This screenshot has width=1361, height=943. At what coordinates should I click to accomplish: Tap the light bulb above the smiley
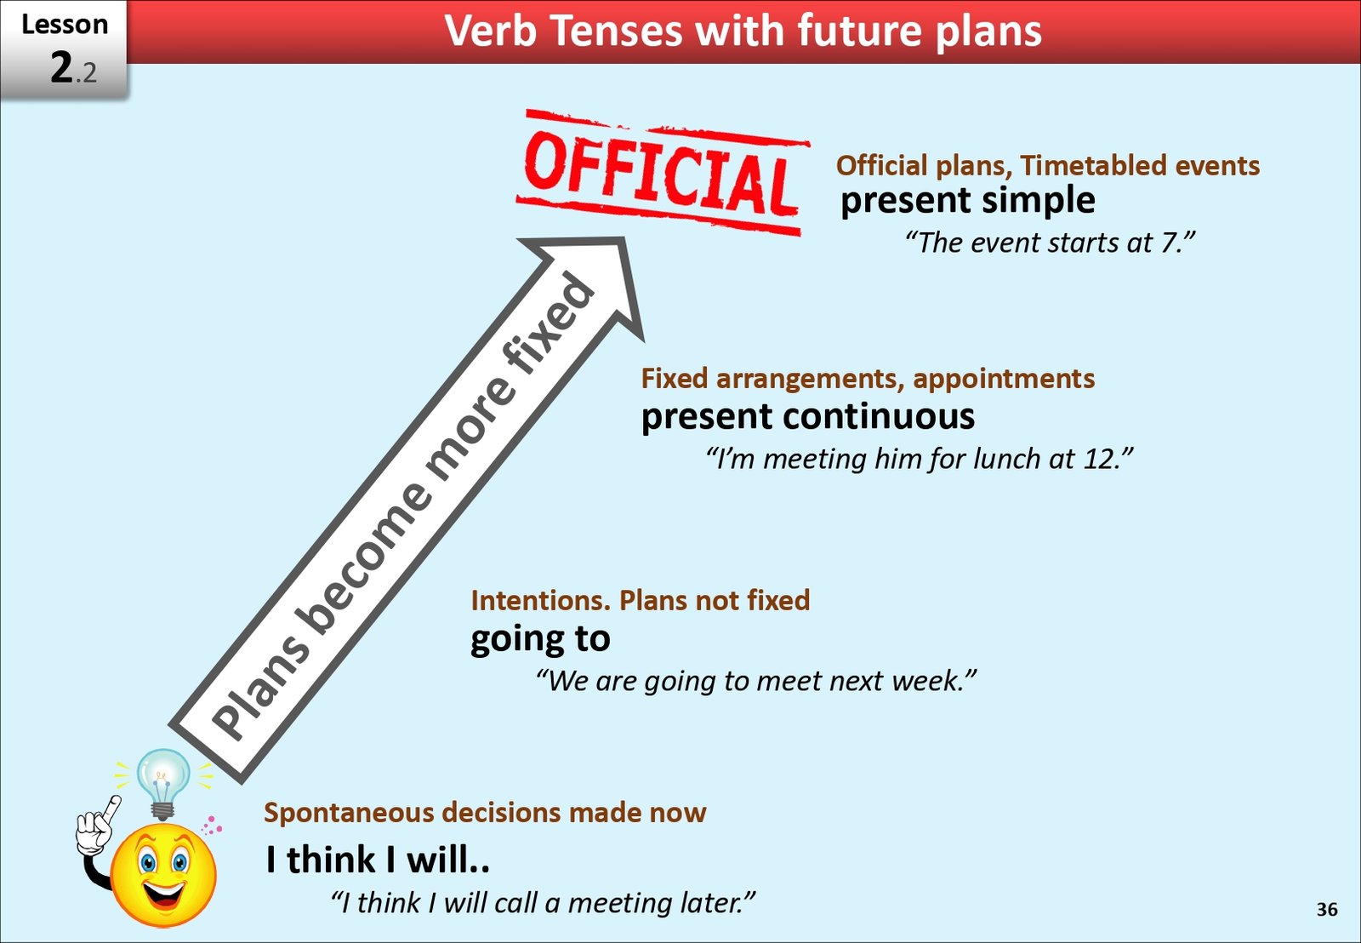tap(162, 780)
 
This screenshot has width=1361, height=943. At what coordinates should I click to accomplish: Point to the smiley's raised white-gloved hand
tap(95, 824)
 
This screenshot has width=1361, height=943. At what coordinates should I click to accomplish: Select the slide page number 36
tap(1326, 909)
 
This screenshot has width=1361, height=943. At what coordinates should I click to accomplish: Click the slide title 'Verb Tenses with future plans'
tap(743, 31)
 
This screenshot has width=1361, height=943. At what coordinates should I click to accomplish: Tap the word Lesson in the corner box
tap(65, 25)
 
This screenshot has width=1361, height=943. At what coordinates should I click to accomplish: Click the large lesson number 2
tap(62, 67)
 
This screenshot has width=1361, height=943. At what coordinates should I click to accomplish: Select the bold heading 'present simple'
tap(967, 201)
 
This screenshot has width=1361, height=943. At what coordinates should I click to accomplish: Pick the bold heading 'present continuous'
tap(807, 417)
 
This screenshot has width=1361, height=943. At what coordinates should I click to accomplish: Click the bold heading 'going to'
tap(540, 639)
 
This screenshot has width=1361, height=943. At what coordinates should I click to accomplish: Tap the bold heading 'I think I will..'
tap(377, 860)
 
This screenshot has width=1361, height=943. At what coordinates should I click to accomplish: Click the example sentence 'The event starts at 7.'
tap(1050, 243)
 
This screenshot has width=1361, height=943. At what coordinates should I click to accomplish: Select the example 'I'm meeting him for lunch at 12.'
tap(920, 460)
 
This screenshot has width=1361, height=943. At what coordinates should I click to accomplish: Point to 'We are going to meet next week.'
tap(755, 681)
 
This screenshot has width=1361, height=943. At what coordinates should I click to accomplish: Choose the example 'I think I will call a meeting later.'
tap(543, 903)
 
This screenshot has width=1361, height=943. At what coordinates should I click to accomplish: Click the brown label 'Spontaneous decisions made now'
tap(485, 813)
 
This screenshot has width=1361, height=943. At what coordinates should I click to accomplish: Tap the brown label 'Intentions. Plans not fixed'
tap(640, 601)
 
